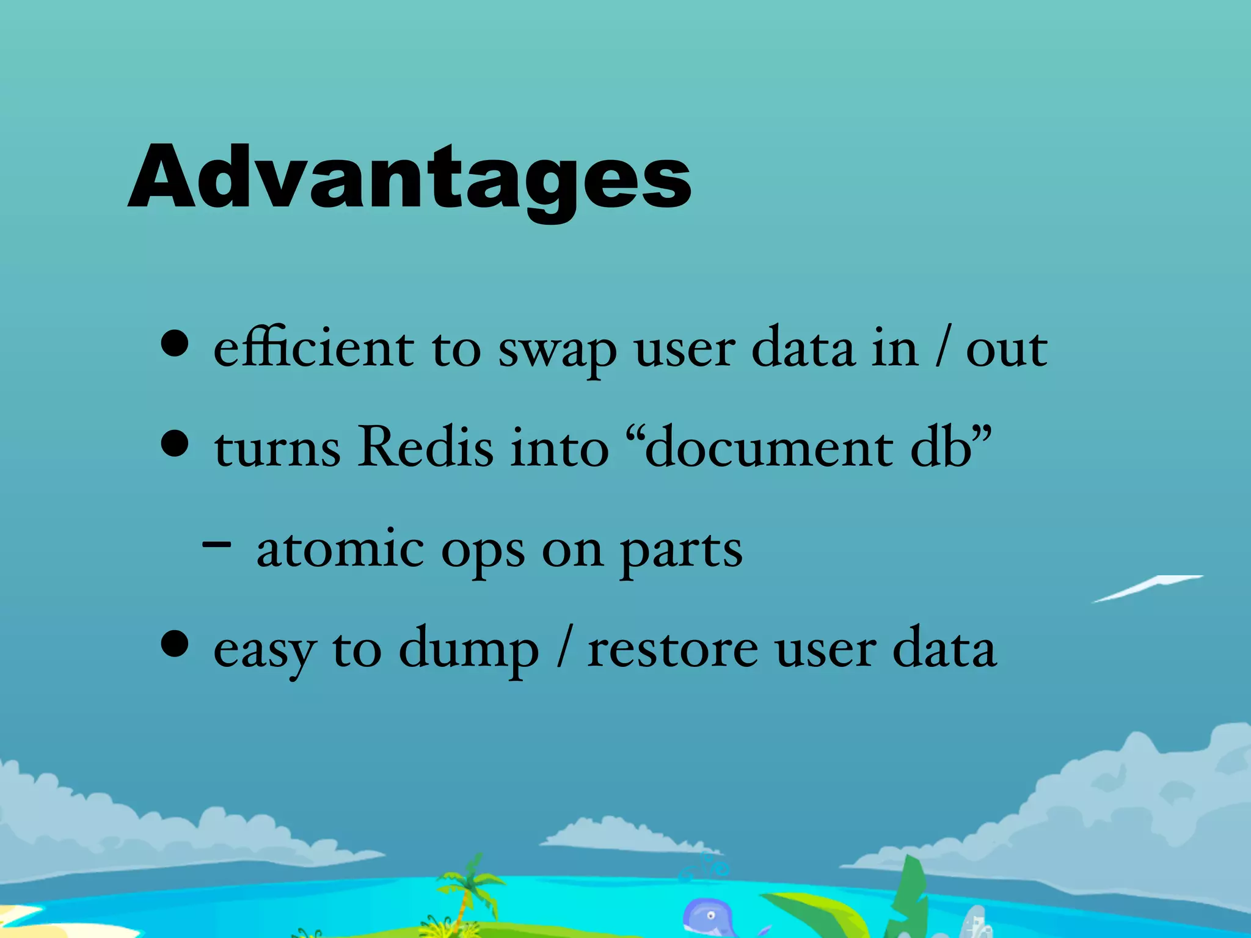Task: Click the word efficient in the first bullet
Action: [x=313, y=348]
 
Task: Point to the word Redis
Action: [x=425, y=446]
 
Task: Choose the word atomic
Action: [x=340, y=548]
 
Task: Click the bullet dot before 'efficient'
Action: [x=175, y=343]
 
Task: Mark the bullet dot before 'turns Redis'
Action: [x=175, y=443]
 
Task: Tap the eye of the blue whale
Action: [x=710, y=915]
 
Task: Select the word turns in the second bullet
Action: [x=277, y=449]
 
